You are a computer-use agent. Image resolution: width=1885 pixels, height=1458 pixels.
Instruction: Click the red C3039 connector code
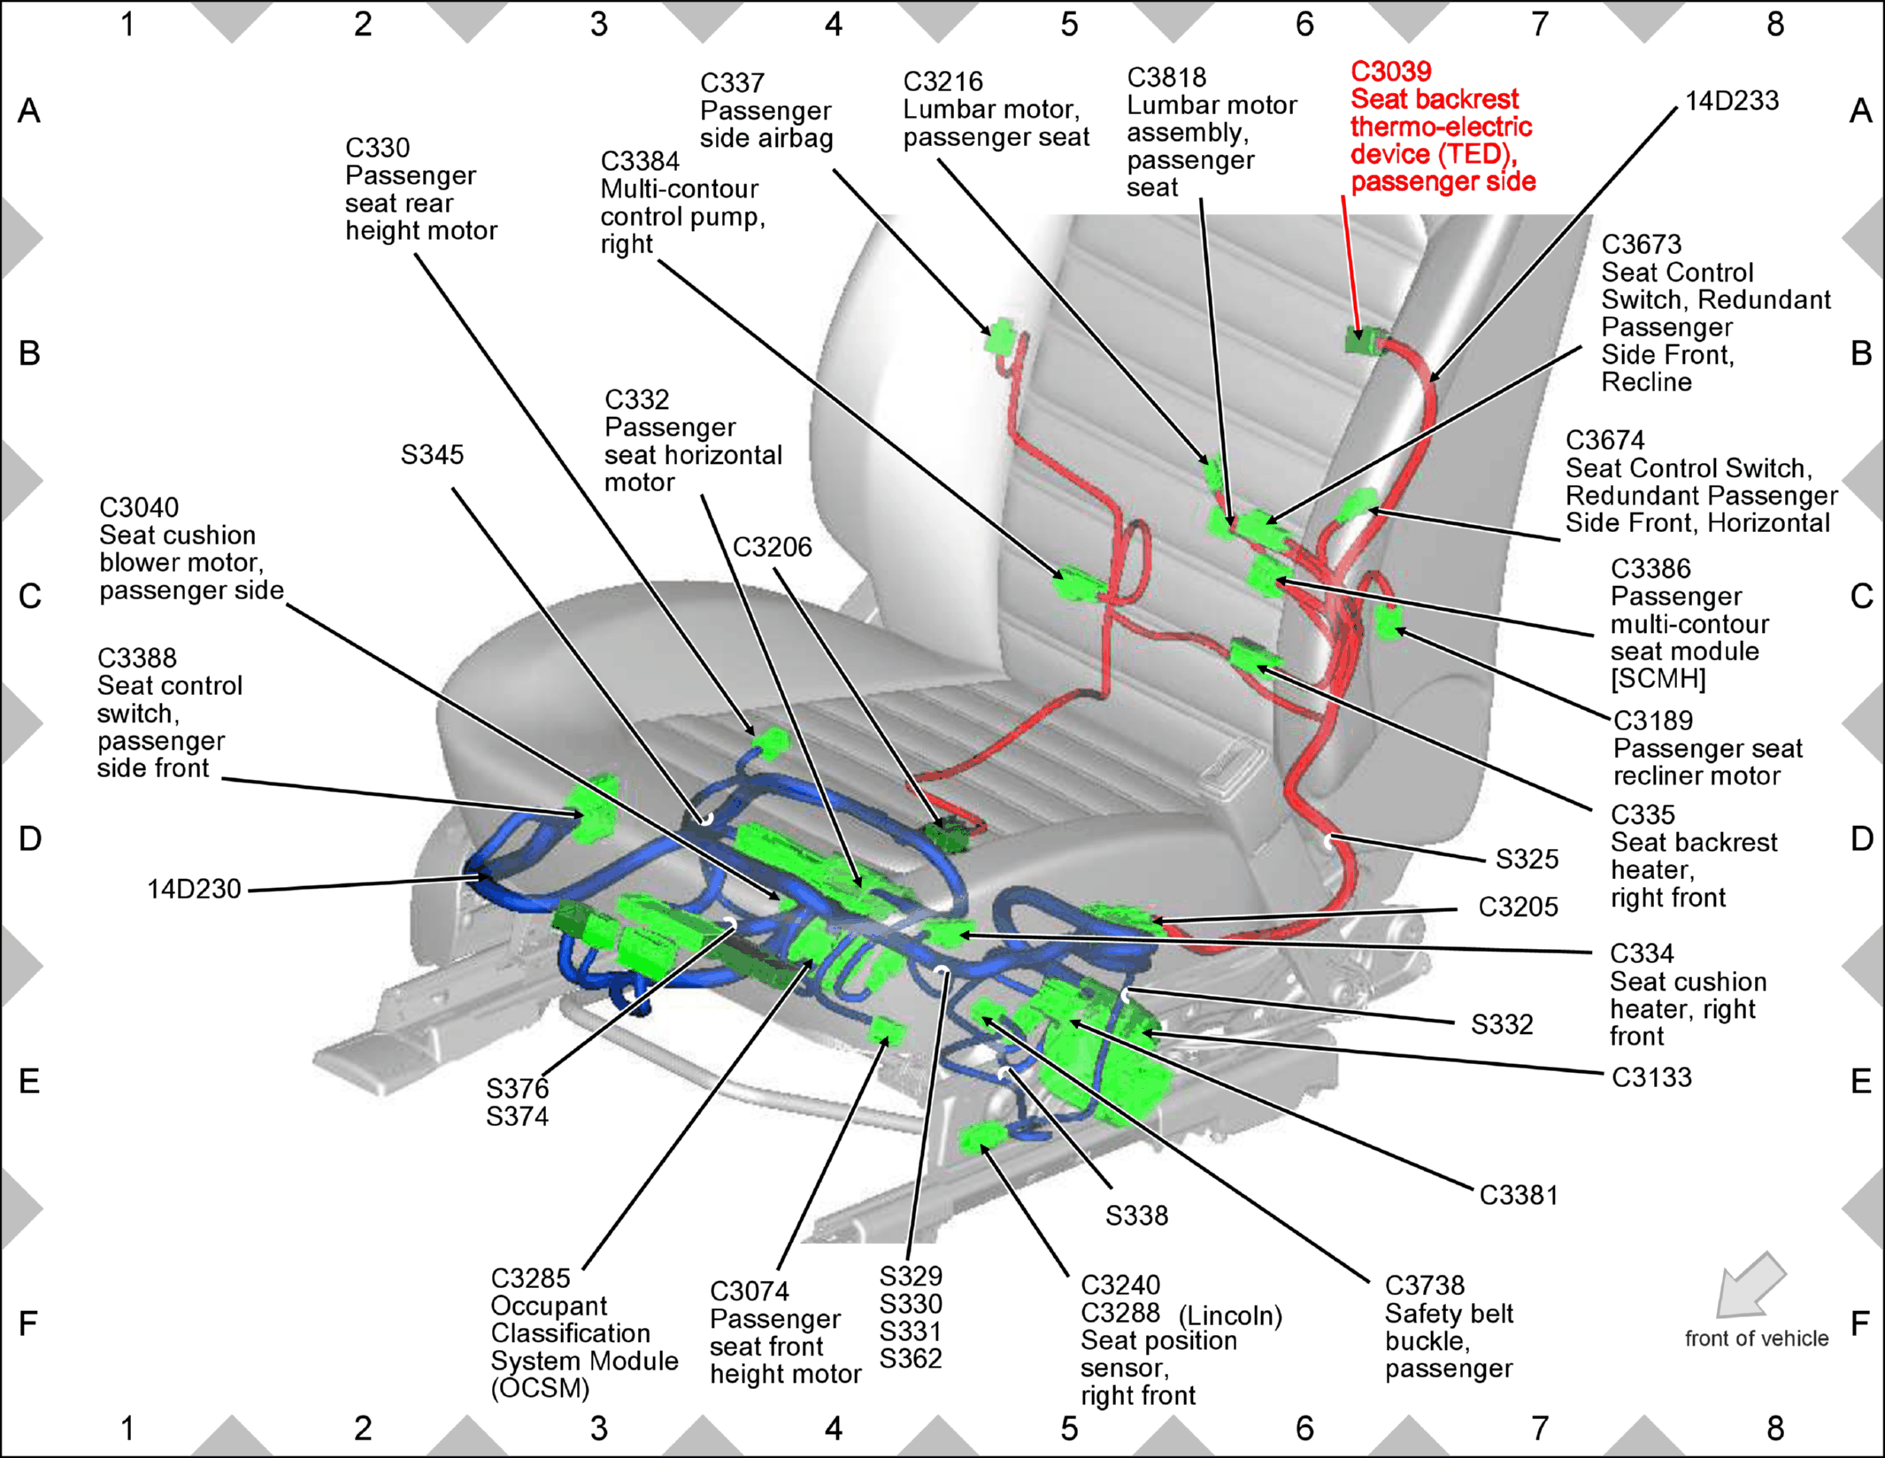pyautogui.click(x=1390, y=71)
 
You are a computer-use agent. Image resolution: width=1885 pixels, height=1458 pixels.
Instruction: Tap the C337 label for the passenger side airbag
pyautogui.click(x=732, y=83)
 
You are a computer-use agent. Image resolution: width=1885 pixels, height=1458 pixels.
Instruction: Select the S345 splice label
pyautogui.click(x=432, y=455)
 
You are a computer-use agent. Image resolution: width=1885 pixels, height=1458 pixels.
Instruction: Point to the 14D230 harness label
pyautogui.click(x=194, y=889)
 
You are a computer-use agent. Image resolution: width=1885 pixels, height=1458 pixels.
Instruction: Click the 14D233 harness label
pyautogui.click(x=1731, y=101)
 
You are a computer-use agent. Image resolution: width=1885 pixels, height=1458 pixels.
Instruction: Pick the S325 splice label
pyautogui.click(x=1527, y=859)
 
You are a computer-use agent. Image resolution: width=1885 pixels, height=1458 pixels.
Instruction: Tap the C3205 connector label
pyautogui.click(x=1518, y=906)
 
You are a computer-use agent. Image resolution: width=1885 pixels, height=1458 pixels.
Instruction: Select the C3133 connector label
pyautogui.click(x=1651, y=1077)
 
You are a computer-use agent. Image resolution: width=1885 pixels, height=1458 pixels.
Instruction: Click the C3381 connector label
pyautogui.click(x=1519, y=1195)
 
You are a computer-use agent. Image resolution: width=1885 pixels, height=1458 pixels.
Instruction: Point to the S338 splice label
pyautogui.click(x=1136, y=1215)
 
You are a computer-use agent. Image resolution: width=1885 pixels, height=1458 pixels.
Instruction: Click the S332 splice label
pyautogui.click(x=1502, y=1024)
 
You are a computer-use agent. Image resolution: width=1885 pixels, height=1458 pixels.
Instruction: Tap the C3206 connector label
pyautogui.click(x=772, y=547)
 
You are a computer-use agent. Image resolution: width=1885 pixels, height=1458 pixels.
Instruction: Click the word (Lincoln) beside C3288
pyautogui.click(x=1230, y=1315)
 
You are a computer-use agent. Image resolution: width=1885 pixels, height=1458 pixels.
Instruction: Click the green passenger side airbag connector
pyautogui.click(x=1001, y=336)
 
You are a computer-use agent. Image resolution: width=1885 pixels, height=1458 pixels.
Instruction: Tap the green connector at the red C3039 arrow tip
pyautogui.click(x=1363, y=340)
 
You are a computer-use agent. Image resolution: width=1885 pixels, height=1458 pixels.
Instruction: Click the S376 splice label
pyautogui.click(x=517, y=1088)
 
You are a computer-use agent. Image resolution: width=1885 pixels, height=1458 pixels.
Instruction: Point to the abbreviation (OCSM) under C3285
pyautogui.click(x=540, y=1388)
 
